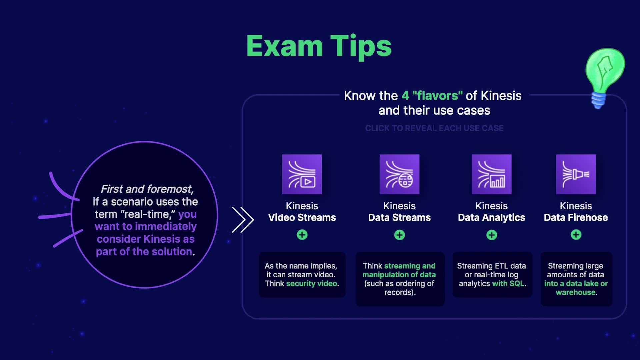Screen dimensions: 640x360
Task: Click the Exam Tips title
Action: click(319, 46)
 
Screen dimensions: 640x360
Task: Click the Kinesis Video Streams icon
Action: click(302, 174)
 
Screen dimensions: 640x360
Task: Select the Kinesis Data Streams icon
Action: click(399, 174)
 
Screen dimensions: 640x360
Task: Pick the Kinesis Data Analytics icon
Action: click(491, 174)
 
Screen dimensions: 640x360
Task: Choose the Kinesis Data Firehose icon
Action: click(576, 174)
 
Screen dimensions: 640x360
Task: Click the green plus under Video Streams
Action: click(302, 235)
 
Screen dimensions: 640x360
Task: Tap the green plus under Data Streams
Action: click(399, 235)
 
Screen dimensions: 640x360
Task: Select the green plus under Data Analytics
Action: click(491, 235)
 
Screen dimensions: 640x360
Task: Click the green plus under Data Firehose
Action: click(576, 235)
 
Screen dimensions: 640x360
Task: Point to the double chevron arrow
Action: click(243, 220)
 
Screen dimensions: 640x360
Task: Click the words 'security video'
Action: click(312, 284)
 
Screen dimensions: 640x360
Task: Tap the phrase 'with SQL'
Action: click(508, 284)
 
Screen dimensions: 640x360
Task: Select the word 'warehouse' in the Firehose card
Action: click(575, 292)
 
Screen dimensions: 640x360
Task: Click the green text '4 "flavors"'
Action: click(432, 96)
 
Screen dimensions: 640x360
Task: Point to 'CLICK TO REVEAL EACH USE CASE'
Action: click(434, 128)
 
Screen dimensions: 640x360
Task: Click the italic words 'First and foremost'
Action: click(147, 189)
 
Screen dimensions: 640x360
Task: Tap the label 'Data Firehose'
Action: click(576, 218)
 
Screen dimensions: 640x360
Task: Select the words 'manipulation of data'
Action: click(399, 275)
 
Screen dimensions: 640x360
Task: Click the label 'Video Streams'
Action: click(302, 218)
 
